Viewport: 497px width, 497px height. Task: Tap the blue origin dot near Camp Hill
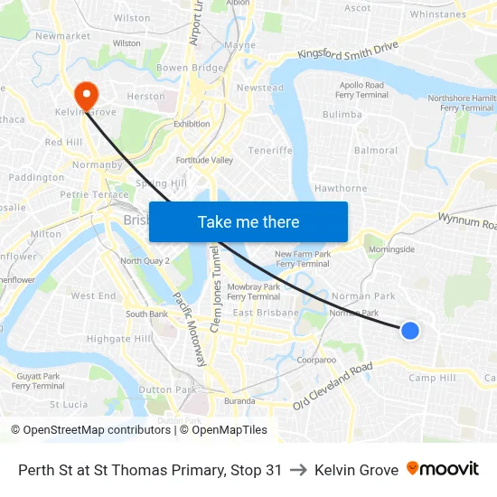point(409,331)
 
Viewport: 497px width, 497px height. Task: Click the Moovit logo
point(442,469)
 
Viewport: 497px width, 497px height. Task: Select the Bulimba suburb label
point(342,115)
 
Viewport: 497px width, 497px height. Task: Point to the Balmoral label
point(376,150)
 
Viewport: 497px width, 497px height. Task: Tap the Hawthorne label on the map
point(341,188)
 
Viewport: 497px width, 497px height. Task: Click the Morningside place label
point(391,248)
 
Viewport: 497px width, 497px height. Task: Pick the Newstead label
point(259,88)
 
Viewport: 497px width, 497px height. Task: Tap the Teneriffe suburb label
point(270,150)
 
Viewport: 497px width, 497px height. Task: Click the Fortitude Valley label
point(204,160)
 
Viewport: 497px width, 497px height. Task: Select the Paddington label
point(36,177)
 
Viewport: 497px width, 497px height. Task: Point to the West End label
point(93,295)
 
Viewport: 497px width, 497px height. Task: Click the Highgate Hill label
point(119,338)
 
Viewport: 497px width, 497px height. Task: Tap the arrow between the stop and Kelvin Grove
point(298,470)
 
